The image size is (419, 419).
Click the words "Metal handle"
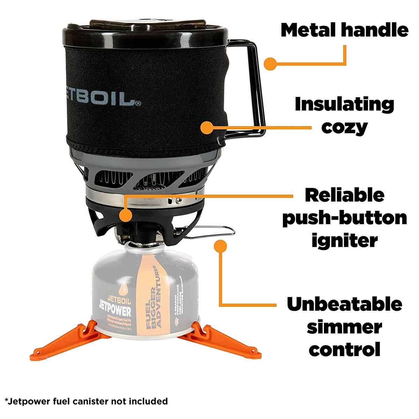344,30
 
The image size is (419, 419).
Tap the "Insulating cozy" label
344,116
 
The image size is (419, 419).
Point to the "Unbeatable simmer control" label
344,327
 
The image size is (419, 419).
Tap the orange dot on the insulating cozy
207,127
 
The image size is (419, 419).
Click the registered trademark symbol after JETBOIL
138,103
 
